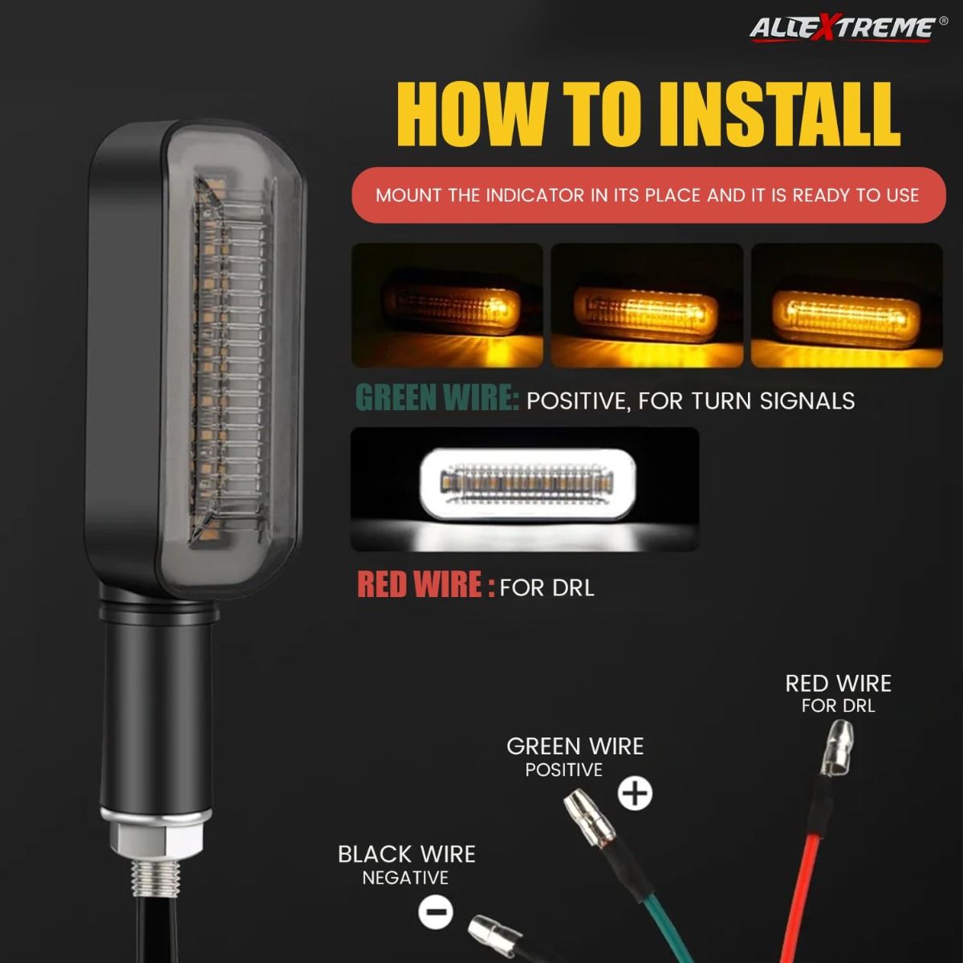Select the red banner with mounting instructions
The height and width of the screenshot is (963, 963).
(648, 195)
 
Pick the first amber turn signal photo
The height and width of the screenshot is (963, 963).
(447, 305)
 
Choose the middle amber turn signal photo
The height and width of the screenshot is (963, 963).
(647, 305)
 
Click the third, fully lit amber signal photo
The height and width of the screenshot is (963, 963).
(847, 305)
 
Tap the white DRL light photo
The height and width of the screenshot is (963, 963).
(525, 490)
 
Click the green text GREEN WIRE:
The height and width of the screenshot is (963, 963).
(437, 398)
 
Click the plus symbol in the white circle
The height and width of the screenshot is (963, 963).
(635, 793)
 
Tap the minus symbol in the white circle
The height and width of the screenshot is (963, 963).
(436, 912)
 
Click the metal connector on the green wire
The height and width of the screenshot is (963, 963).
(589, 818)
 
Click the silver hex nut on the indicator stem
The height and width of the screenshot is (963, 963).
(156, 841)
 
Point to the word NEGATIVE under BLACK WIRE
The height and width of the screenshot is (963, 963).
(405, 878)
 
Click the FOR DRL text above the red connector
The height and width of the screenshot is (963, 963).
(838, 705)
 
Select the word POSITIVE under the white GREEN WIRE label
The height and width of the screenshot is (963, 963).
(563, 770)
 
